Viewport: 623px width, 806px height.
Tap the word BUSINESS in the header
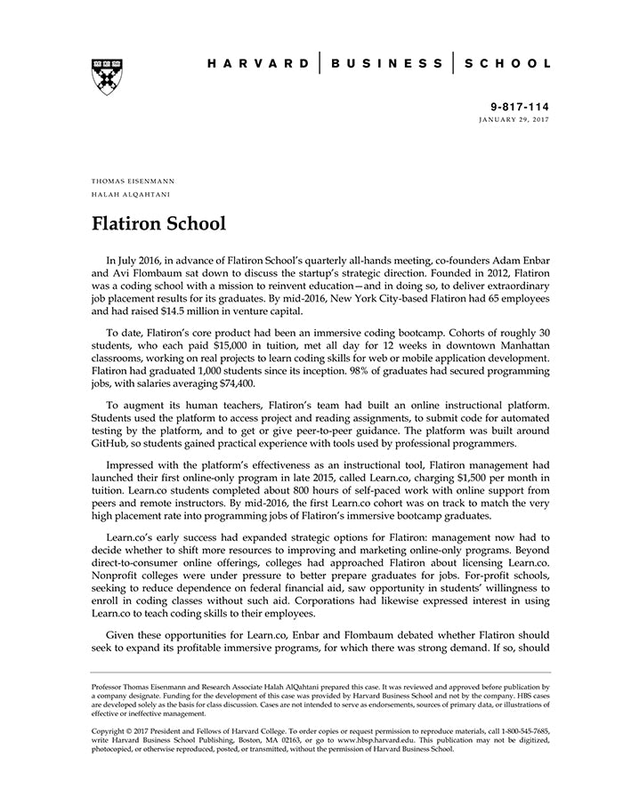pos(387,64)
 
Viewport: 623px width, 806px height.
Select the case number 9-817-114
pos(523,106)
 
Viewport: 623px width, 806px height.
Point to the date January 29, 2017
pos(514,119)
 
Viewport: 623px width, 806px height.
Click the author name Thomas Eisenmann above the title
pos(133,181)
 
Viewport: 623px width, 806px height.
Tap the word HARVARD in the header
pos(259,64)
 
